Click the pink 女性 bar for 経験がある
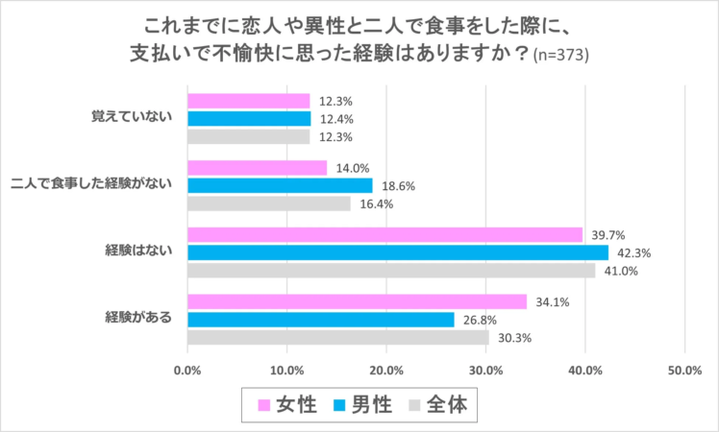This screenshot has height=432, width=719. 357,301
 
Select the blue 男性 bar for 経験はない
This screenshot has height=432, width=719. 398,252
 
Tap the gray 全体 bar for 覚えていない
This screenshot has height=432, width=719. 249,137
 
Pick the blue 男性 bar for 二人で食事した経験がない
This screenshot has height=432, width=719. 280,185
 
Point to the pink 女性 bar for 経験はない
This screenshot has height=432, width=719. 384,234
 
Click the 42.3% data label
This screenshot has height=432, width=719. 633,253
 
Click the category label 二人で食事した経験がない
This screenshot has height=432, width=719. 96,184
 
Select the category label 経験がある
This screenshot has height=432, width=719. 138,319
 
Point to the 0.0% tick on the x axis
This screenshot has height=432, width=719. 187,371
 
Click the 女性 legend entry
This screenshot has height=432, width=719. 285,405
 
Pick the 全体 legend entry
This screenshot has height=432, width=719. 436,405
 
